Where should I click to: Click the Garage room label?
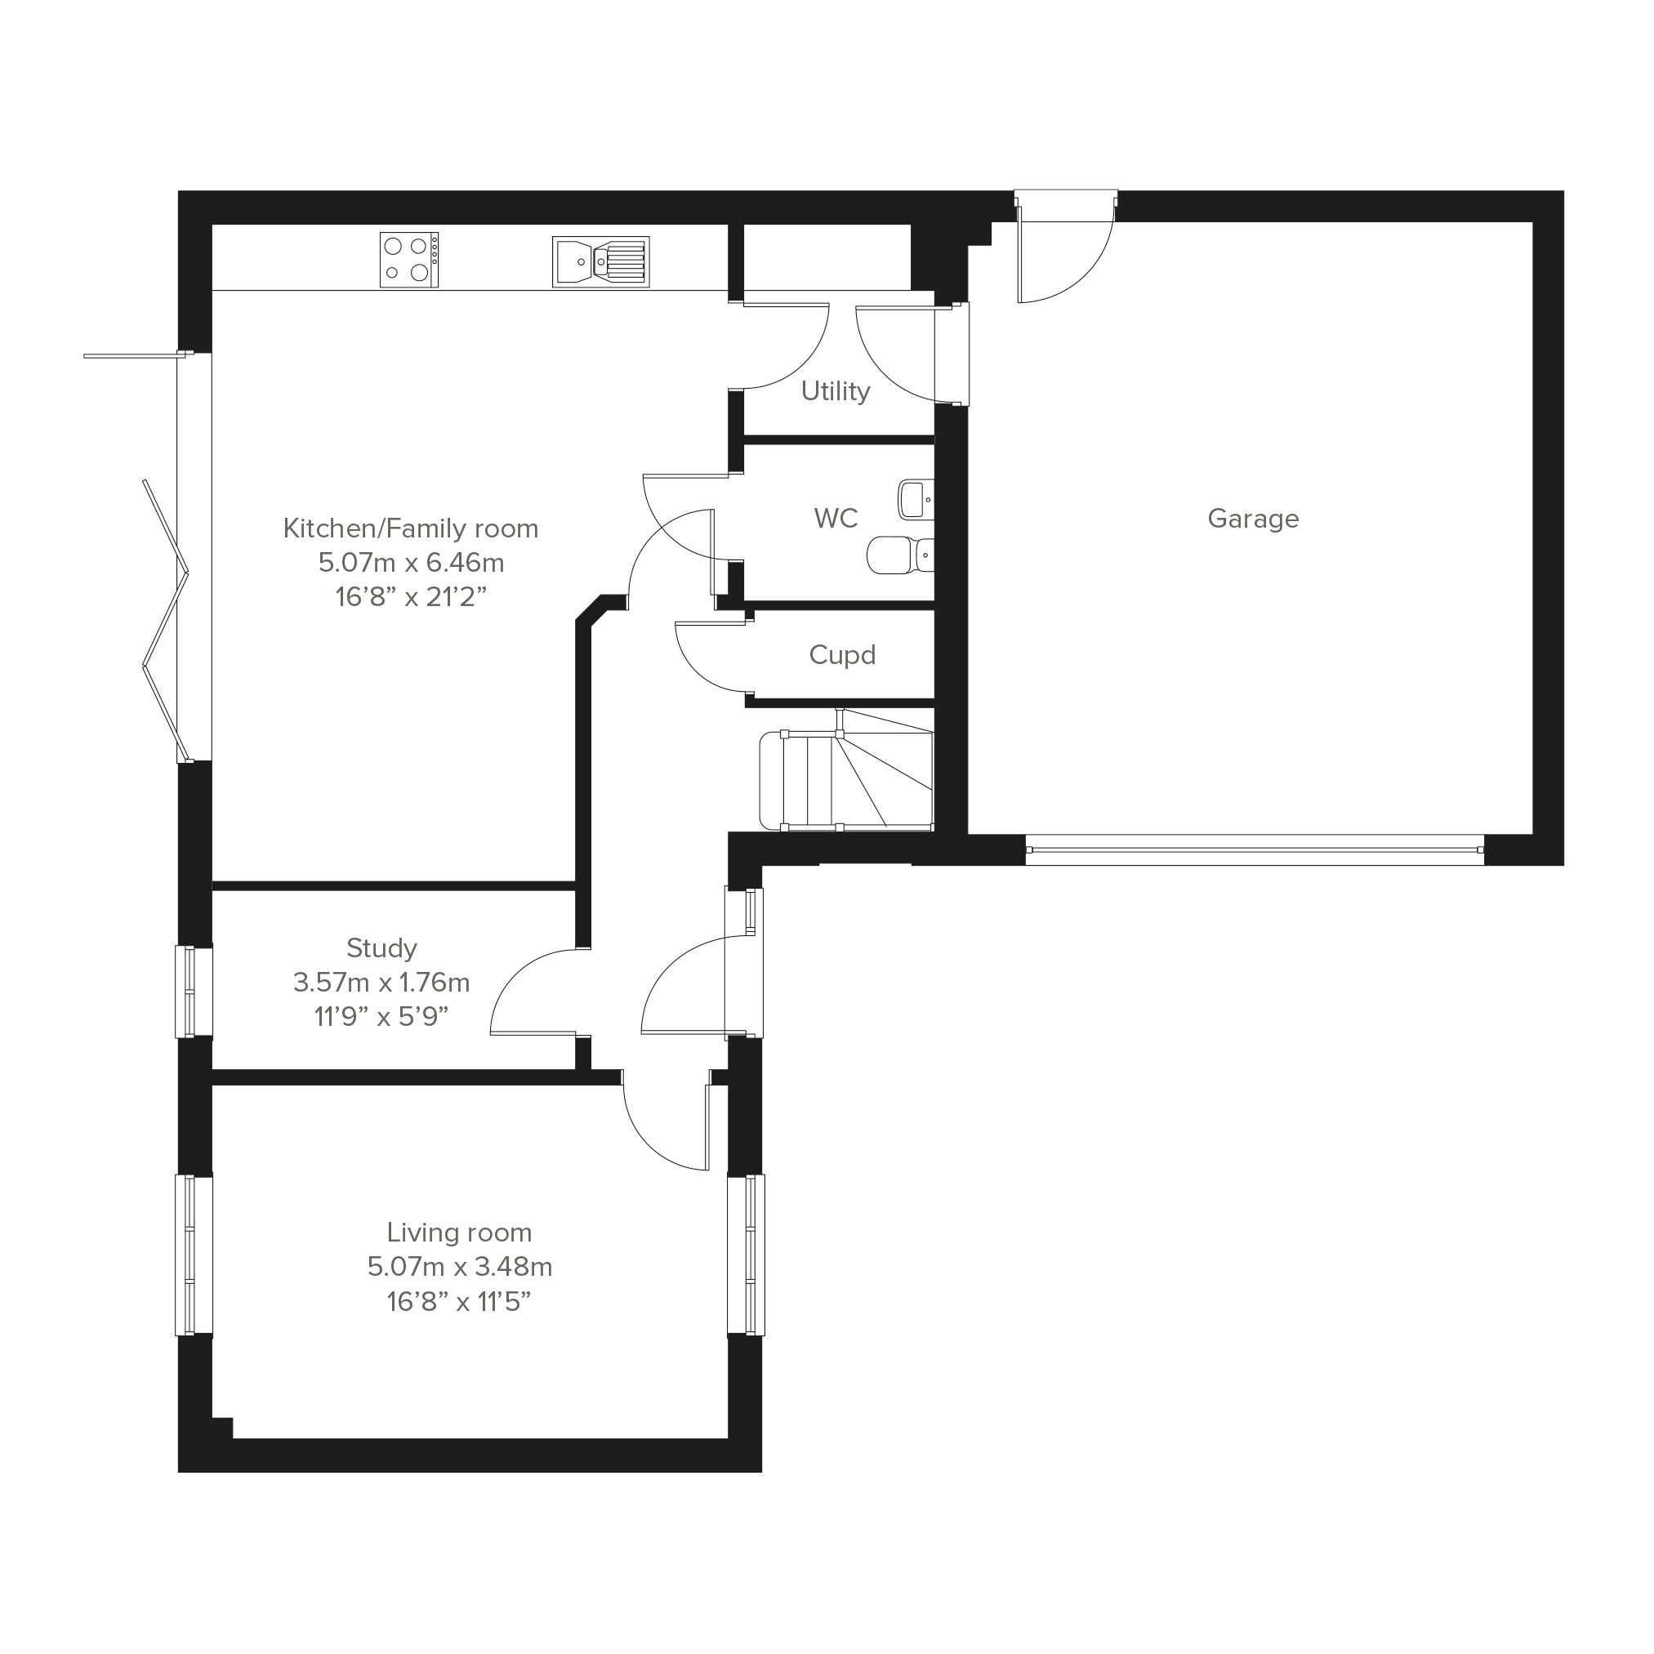(x=1252, y=519)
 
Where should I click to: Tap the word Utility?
(x=836, y=391)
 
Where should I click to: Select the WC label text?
(x=836, y=518)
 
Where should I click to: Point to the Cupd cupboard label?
(x=842, y=656)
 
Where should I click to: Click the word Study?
(x=381, y=948)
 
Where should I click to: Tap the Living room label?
(x=459, y=1233)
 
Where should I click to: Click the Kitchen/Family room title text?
(x=411, y=529)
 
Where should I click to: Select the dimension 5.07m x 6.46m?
(x=411, y=564)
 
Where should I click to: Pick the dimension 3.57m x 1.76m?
(x=381, y=983)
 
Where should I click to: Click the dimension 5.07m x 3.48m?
(x=460, y=1267)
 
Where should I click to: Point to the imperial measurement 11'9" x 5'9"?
(x=381, y=1017)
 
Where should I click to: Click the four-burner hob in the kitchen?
(x=409, y=260)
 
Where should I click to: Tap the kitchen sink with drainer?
(x=601, y=262)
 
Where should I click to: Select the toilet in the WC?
(x=901, y=555)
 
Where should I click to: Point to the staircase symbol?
(x=846, y=769)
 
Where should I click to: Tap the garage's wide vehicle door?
(x=1255, y=850)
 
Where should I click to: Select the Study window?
(x=194, y=992)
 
